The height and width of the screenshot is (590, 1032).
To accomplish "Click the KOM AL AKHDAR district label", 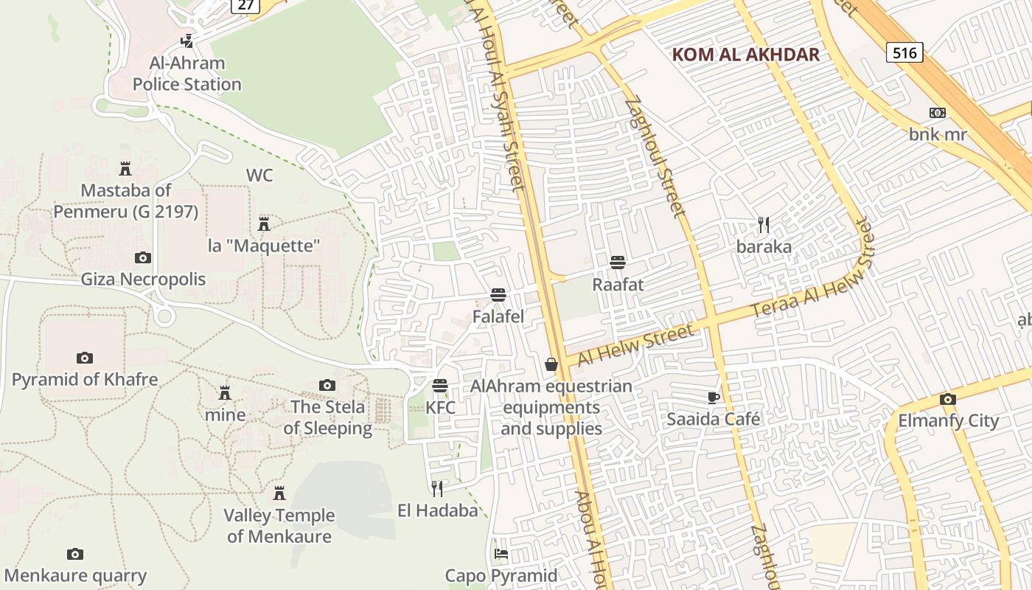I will coord(746,55).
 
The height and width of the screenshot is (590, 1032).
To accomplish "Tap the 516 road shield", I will coord(904,52).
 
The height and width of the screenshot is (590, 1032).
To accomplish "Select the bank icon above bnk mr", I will coord(937,113).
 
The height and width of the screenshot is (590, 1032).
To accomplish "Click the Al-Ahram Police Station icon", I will coord(187,41).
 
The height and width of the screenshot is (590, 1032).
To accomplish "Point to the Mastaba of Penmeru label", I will coord(125,201).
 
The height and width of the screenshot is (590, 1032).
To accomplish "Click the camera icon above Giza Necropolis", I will coord(143,257).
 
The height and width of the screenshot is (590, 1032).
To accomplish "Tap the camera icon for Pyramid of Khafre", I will coord(85,358).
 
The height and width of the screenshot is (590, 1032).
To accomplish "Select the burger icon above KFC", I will coord(440,385).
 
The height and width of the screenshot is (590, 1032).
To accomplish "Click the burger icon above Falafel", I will coord(498,295).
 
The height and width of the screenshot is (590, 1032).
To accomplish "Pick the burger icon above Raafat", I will coord(618,262).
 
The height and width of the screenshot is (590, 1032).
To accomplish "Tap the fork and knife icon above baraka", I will coord(764,224).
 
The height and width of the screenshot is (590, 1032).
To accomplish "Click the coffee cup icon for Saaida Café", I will coord(713,398).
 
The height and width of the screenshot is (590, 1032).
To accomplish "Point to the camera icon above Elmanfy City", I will coord(948,399).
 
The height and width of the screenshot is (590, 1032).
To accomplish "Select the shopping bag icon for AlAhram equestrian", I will coord(551,364).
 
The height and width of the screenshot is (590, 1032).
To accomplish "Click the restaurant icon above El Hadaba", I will coord(437,488).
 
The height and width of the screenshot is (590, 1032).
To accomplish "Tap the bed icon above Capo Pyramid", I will coord(501,553).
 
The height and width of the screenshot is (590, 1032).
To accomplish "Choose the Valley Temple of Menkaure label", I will coord(279,525).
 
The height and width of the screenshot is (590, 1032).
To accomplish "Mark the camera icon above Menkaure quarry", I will coord(75,554).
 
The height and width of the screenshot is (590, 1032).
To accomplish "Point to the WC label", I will coord(259,176).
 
